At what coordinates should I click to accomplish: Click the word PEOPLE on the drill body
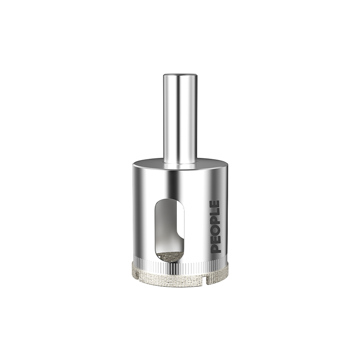pyautogui.click(x=215, y=227)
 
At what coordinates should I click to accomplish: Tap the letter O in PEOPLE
pyautogui.click(x=215, y=231)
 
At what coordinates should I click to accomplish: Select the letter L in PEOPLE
pyautogui.click(x=215, y=213)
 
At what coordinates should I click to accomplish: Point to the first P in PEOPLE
pyautogui.click(x=215, y=249)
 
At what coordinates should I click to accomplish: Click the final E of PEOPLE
pyautogui.click(x=215, y=204)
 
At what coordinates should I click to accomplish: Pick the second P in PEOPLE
pyautogui.click(x=215, y=222)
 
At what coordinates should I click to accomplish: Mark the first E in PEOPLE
pyautogui.click(x=215, y=240)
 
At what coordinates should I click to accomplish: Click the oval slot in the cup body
pyautogui.click(x=170, y=230)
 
